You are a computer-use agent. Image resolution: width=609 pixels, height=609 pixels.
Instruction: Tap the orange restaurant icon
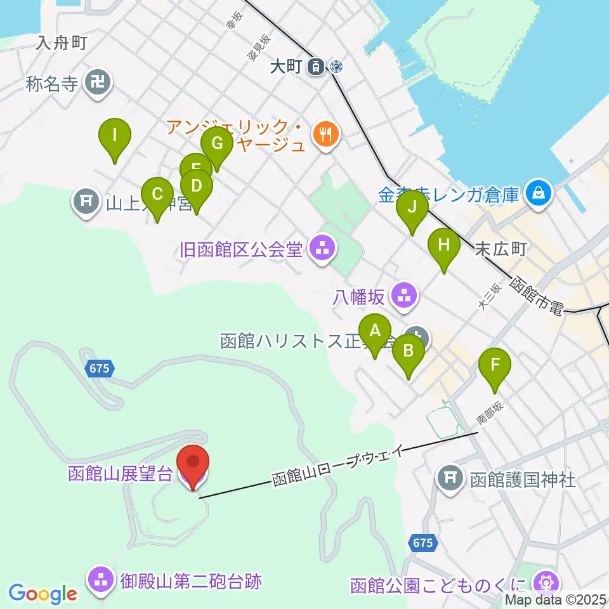pyautogui.click(x=326, y=133)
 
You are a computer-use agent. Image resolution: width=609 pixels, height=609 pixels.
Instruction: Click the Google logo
pyautogui.click(x=43, y=593)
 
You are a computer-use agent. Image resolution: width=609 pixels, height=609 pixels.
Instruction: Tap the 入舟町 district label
pyautogui.click(x=61, y=43)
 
